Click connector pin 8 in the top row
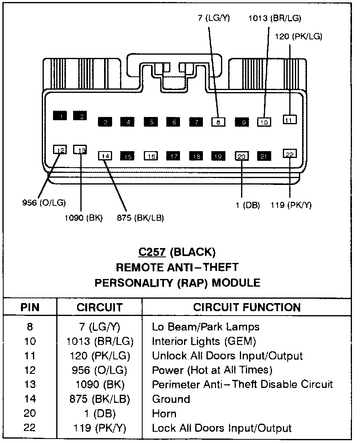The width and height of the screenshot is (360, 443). [x=218, y=122]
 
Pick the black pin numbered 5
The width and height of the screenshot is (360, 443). [x=151, y=122]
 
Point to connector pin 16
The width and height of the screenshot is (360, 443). [x=151, y=156]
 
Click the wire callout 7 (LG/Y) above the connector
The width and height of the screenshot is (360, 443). [x=213, y=18]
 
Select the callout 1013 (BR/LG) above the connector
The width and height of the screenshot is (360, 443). [x=274, y=18]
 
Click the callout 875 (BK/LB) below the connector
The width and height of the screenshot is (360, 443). [x=140, y=218]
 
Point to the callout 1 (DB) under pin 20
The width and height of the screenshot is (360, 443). [x=247, y=205]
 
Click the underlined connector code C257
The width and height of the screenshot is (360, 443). [x=152, y=252]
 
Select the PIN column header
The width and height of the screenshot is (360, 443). [x=30, y=308]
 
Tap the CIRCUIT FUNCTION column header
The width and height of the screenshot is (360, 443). [x=247, y=308]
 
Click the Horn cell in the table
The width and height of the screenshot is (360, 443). [x=164, y=414]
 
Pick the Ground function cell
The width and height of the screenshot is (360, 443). [x=171, y=399]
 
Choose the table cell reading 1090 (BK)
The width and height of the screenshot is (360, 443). [x=100, y=385]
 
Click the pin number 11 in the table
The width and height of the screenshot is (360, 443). [x=30, y=356]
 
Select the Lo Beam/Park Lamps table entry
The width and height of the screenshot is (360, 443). [x=205, y=327]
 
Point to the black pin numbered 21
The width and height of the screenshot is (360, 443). [x=264, y=156]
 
